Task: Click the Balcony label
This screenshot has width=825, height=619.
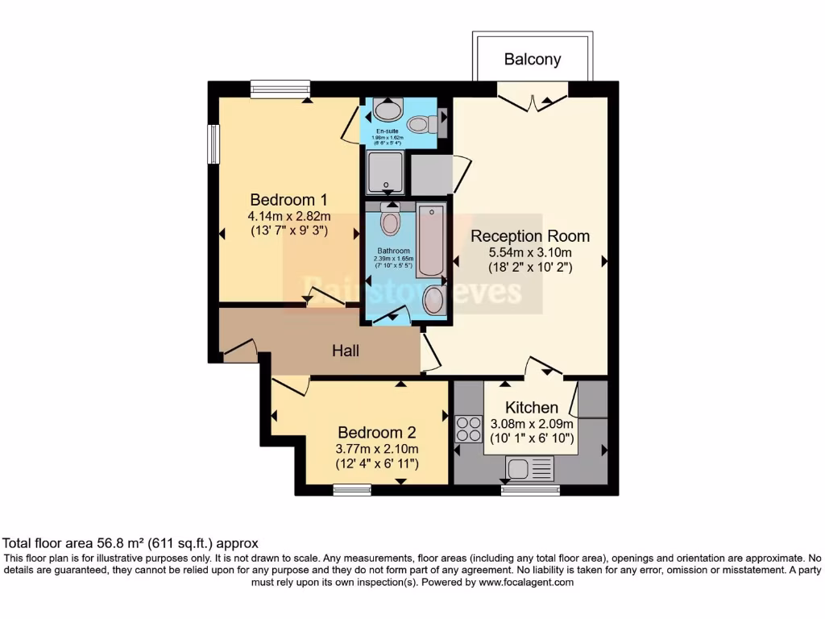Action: pos(533,59)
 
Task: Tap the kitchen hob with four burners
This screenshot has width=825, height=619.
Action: pos(468,429)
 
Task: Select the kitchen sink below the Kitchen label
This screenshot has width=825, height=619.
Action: pos(530,467)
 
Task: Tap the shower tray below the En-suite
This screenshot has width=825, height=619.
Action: pos(386,172)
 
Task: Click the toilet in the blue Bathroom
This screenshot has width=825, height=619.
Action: pos(390,220)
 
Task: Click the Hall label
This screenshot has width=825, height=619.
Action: pos(346,351)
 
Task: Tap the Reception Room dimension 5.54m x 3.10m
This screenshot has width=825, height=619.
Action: pos(530,252)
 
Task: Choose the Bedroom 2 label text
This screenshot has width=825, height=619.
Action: pos(376,432)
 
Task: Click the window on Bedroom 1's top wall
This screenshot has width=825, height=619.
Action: pos(280,89)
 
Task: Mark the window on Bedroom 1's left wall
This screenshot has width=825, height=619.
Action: pos(214,144)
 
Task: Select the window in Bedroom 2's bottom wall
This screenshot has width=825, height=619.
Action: pos(352,489)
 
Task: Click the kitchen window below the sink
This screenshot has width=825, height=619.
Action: pos(530,489)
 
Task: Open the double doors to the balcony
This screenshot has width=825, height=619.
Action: pos(533,98)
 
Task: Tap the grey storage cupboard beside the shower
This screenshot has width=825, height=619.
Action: pos(431,174)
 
